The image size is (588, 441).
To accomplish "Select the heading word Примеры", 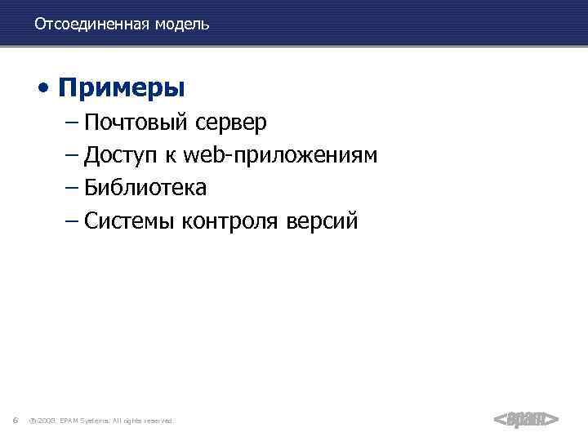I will (122, 87).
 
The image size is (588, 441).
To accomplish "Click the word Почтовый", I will (136, 122).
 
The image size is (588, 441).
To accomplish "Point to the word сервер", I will (230, 122).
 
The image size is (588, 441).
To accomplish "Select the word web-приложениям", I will (282, 155).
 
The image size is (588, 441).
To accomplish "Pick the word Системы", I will (128, 220).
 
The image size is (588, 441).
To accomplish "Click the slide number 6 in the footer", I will (16, 420).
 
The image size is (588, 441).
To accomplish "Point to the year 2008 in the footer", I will (47, 421).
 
